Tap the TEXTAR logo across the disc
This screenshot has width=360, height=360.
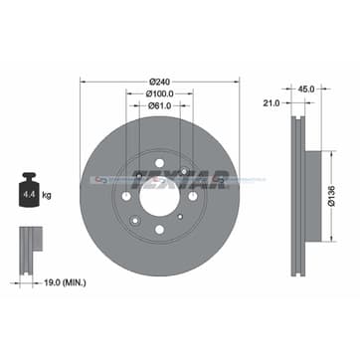tap(197, 179)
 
